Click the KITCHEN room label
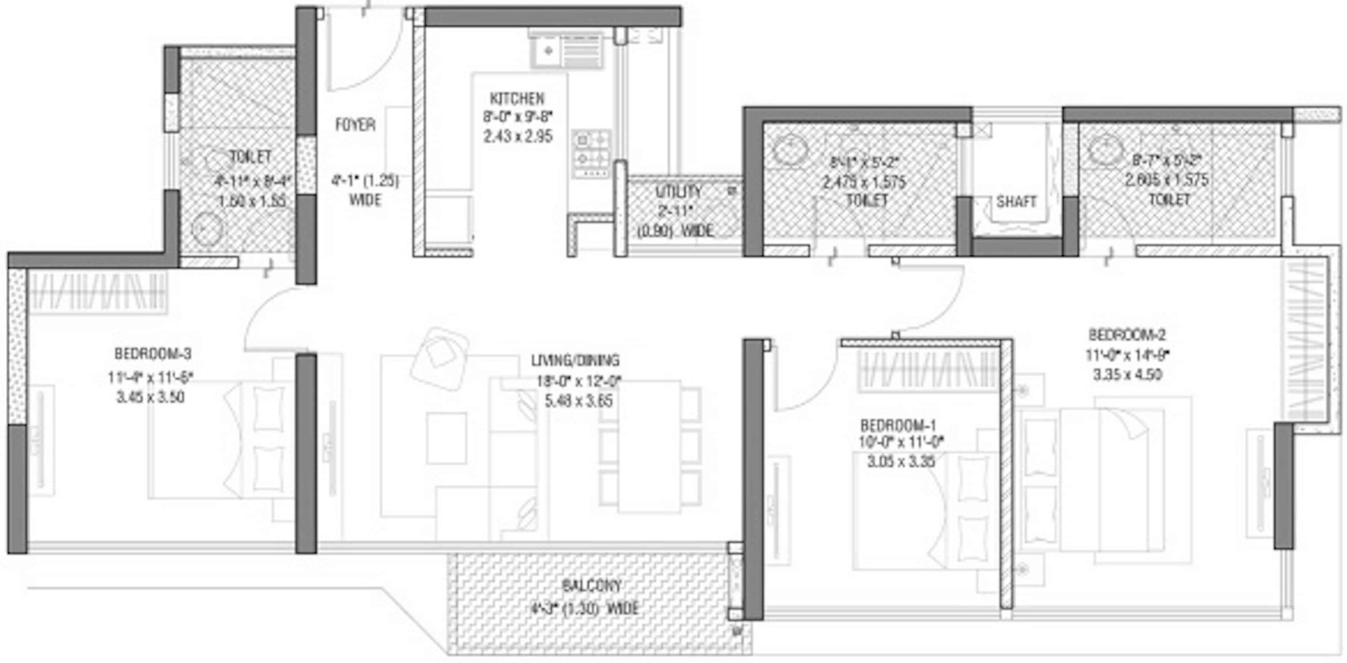pos(517,98)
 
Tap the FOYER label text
pos(356,125)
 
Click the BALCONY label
pos(591,586)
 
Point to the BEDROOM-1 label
pos(898,424)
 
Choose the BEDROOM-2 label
pos(1127,334)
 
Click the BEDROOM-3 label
pos(153,354)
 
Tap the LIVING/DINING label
pos(575,360)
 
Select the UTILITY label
pos(678,192)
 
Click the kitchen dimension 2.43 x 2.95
pos(518,136)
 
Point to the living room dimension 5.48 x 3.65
pos(578,401)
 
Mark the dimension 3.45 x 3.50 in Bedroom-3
pos(150,397)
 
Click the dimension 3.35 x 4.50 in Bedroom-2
pos(1127,374)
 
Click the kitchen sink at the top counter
pos(548,51)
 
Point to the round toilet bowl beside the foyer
pos(207,228)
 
